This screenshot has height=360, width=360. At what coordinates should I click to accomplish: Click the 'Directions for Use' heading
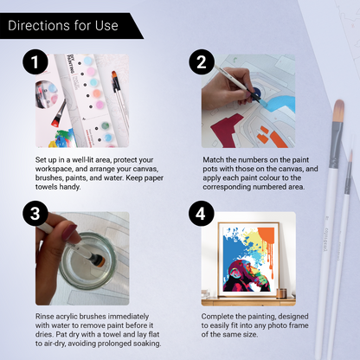[62, 25]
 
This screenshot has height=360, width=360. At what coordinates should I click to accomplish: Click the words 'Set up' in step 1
[46, 161]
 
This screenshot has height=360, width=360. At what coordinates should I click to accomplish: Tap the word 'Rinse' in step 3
[46, 316]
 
